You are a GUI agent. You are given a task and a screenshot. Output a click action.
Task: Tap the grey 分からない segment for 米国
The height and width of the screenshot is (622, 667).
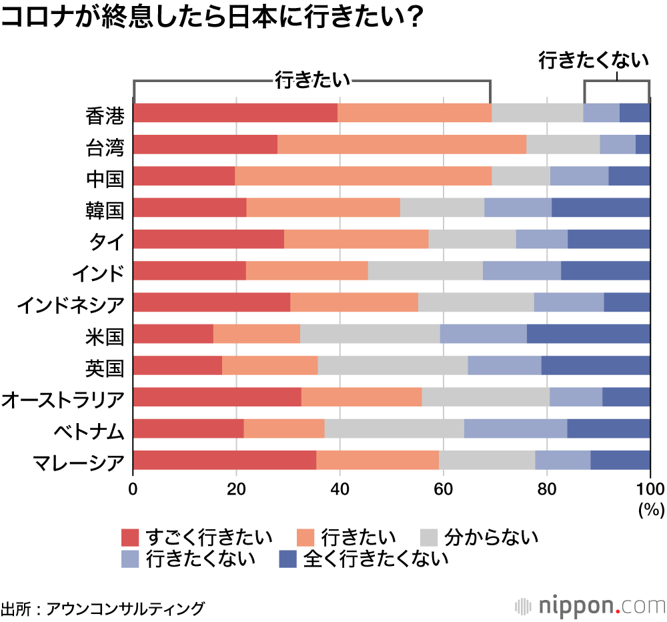click(x=370, y=334)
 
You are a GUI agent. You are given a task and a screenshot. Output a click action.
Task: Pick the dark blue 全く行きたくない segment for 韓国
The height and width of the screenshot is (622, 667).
click(x=600, y=208)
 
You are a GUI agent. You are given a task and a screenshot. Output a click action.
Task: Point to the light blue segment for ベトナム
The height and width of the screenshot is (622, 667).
click(x=515, y=429)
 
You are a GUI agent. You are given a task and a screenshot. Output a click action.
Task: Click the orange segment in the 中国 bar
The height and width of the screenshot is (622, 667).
click(x=363, y=176)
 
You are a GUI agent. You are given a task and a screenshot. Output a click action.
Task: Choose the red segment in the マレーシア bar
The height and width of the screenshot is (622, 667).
click(x=225, y=460)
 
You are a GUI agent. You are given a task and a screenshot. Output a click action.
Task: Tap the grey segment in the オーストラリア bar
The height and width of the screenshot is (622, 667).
click(x=486, y=397)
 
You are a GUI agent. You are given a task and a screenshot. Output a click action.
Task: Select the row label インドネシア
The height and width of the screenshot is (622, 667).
click(x=71, y=303)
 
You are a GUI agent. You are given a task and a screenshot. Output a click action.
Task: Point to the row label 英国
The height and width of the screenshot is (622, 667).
click(x=105, y=366)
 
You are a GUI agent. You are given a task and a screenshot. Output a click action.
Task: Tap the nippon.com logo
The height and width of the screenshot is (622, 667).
click(x=590, y=606)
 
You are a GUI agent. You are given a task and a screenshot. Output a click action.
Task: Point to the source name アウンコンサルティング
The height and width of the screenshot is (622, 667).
click(x=126, y=608)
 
